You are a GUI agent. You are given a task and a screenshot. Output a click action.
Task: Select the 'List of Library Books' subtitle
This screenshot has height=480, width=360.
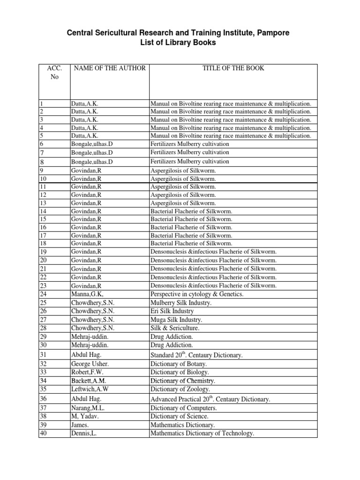tap(180, 43)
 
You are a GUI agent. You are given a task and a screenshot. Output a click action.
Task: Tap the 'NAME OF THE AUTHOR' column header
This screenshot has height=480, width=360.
tap(109, 68)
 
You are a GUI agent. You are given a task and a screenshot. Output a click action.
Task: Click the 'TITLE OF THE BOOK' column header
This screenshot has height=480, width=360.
tap(233, 68)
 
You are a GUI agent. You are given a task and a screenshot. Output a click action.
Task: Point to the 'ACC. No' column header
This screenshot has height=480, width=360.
tap(54, 73)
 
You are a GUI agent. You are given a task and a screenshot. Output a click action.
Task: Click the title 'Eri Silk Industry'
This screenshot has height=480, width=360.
tap(172, 311)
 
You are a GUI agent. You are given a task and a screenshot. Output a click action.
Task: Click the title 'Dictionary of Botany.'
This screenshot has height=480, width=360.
tap(179, 364)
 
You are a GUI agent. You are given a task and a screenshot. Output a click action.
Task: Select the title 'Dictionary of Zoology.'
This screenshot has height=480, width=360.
tap(180, 390)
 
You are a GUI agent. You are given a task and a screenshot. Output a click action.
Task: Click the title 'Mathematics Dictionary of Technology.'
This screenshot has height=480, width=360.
tap(202, 434)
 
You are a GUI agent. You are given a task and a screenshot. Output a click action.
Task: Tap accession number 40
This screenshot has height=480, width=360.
tap(44, 434)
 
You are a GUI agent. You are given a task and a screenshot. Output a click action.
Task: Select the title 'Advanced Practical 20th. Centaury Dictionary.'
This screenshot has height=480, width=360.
tap(210, 399)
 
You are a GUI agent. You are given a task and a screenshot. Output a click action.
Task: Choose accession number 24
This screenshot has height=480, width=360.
tap(44, 294)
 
